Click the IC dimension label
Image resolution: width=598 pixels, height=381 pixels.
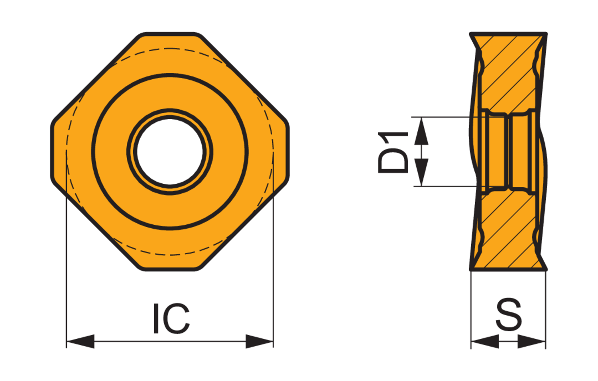172,318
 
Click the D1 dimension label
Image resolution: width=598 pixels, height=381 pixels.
393,153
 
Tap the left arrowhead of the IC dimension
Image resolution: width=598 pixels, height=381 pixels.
81,341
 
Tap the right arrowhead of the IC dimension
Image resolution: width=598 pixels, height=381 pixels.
259,341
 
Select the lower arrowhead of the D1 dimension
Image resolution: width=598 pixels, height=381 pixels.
421,172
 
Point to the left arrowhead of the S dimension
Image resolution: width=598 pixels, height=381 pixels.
485,341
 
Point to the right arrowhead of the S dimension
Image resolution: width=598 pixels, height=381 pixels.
531,341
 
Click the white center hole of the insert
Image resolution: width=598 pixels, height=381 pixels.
170,151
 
